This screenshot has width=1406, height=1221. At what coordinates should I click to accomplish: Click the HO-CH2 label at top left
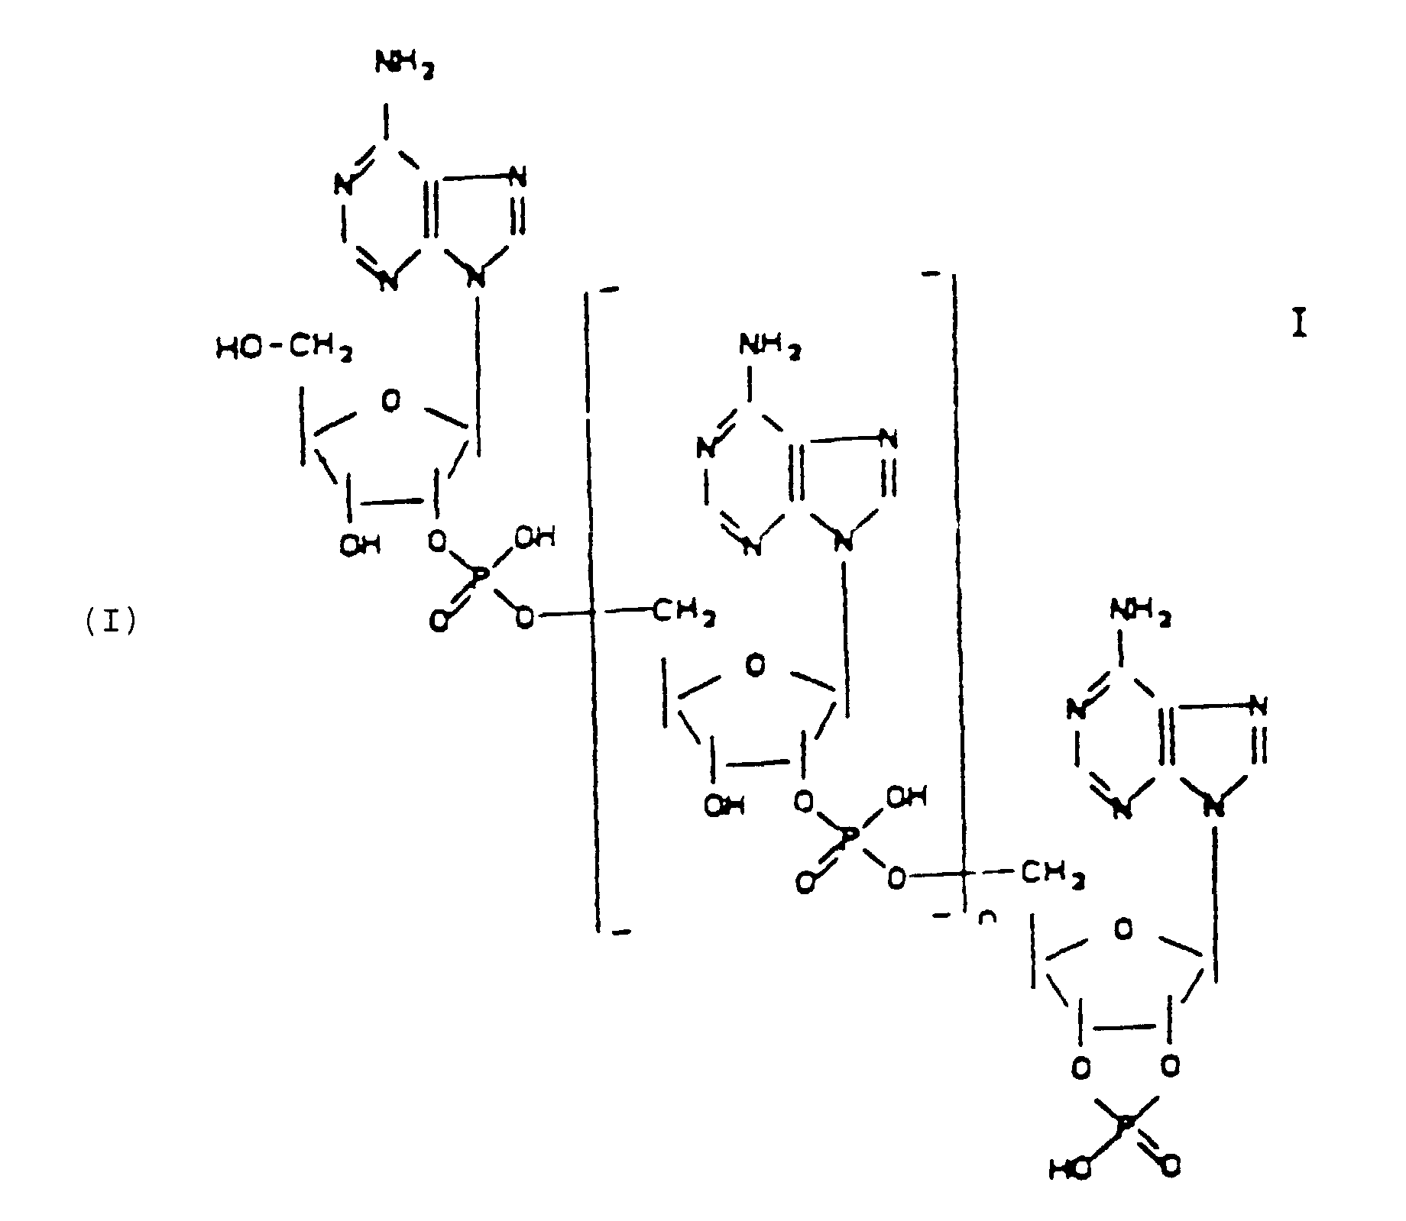(283, 350)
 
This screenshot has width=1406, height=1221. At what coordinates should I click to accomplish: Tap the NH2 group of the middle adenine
(769, 349)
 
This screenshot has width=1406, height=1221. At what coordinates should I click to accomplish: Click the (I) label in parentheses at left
(111, 623)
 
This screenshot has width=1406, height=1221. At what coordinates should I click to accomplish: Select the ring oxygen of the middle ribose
(755, 666)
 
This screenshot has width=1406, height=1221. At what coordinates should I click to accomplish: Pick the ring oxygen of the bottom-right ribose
(1124, 929)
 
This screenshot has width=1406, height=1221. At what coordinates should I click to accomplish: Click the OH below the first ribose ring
(359, 545)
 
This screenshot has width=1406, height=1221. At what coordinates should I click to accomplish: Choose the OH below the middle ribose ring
(724, 806)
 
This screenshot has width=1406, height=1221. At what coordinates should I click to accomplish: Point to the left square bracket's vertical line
(593, 611)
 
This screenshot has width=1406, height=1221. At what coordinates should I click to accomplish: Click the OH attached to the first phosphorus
(534, 538)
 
